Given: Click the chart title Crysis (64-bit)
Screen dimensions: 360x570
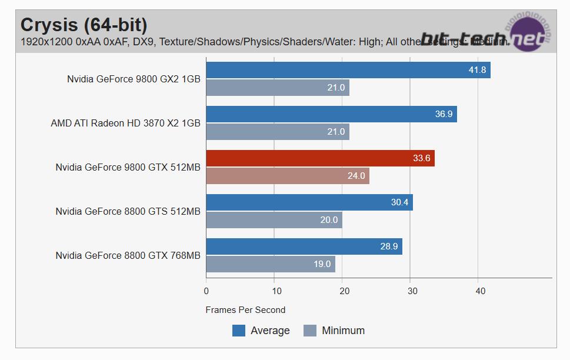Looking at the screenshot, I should [x=84, y=25].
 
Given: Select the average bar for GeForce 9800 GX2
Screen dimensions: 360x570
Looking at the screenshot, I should [x=348, y=70].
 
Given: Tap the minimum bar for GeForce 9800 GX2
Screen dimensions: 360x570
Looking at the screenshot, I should [x=277, y=88].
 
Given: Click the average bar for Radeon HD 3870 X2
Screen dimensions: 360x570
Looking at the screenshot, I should [x=331, y=114].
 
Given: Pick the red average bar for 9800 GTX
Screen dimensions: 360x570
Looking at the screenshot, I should [x=320, y=158].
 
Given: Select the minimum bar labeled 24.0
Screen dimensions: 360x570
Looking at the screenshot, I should [x=287, y=175].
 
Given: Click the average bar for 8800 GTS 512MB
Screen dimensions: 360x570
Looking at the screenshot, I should [x=309, y=202].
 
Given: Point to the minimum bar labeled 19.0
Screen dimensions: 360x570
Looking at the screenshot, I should [x=270, y=264].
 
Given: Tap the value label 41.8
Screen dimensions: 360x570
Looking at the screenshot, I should [x=476, y=70].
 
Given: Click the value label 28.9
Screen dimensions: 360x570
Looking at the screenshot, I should [x=389, y=246].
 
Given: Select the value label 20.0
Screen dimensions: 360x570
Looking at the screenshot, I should [x=329, y=220].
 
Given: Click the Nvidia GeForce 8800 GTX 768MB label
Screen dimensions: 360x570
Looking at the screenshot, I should [x=128, y=255].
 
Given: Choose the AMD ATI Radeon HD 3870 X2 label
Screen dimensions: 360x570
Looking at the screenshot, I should [x=125, y=123].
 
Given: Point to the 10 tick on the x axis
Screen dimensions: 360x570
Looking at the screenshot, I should [x=275, y=291].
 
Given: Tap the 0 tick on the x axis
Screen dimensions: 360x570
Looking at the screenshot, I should [x=206, y=291].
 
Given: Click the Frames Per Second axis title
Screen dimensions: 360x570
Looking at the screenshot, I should [x=245, y=309].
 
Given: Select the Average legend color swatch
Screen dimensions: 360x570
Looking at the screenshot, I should [x=239, y=331].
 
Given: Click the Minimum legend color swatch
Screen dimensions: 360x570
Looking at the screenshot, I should [x=310, y=331].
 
